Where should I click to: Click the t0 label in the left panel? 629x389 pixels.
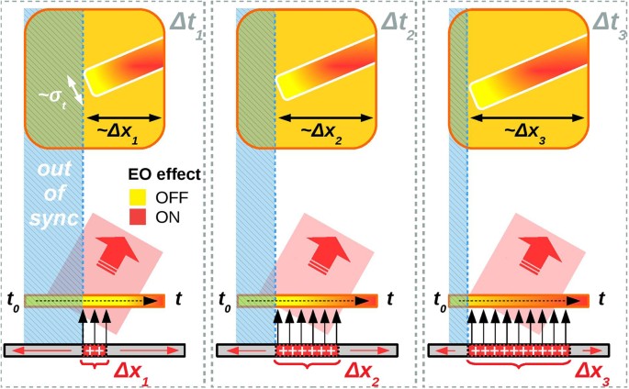[13, 300]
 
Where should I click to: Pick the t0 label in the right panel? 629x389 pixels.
[439, 300]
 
